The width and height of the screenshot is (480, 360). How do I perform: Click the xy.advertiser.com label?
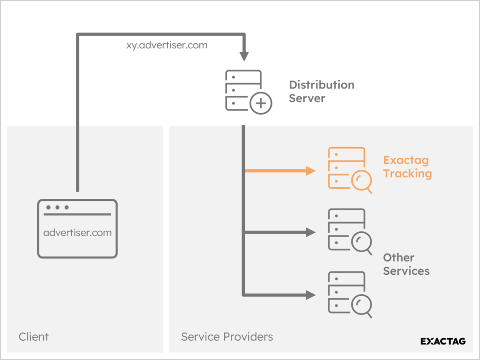pos(166,46)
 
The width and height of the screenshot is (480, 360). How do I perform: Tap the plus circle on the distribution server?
pos(261,103)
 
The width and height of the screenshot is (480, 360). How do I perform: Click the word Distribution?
pos(321,85)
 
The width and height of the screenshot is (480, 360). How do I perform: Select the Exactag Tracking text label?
pos(407,167)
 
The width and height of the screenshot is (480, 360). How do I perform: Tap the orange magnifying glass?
pos(361,182)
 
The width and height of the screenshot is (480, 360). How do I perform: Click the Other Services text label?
pos(406,264)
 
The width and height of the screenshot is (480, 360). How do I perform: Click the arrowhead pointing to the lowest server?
pos(311,294)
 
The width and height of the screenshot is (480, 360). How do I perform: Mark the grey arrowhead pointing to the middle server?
pos(311,232)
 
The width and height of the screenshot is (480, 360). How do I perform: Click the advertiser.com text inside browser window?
pos(77,233)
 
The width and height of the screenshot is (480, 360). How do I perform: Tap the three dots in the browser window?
pos(57,208)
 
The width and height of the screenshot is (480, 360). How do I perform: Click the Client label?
pos(33,337)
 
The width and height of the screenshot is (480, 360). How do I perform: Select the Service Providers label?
pos(227,337)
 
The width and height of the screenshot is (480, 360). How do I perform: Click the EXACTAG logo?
pos(443,341)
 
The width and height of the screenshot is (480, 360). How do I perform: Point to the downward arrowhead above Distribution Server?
pos(244,56)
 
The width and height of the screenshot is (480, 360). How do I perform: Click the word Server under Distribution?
pos(307,98)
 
